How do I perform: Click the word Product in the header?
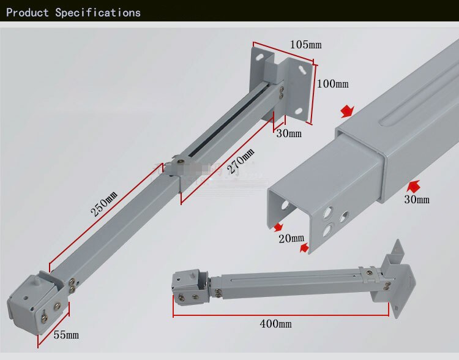[27, 13]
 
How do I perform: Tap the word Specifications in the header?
[98, 13]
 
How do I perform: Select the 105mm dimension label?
[305, 45]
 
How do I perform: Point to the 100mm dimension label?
[333, 84]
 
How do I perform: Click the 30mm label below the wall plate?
[289, 133]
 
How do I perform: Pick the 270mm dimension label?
[241, 161]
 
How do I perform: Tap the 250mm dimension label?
[104, 204]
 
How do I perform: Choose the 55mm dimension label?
[66, 334]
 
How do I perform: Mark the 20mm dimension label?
[291, 238]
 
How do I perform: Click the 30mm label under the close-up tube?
[417, 200]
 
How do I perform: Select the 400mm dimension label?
[275, 324]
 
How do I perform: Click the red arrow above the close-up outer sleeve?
[348, 111]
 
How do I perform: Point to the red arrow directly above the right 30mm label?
[414, 186]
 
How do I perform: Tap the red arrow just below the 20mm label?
[304, 248]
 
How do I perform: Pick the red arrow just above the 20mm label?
[278, 227]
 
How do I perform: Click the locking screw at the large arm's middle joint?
[179, 161]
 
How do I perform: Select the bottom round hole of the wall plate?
[298, 111]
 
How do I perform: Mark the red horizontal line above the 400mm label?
[281, 316]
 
